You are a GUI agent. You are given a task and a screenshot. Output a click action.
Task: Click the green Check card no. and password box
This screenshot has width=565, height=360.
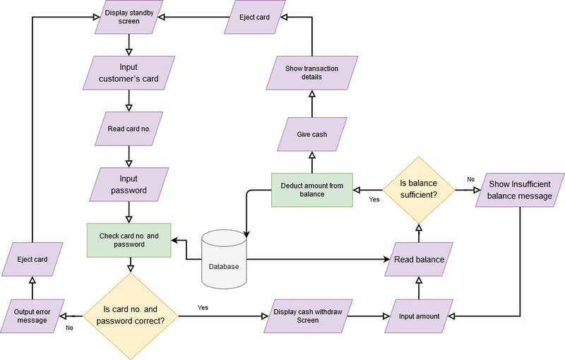click(x=128, y=240)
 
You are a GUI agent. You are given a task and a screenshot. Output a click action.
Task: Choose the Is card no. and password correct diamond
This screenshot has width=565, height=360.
click(x=130, y=314)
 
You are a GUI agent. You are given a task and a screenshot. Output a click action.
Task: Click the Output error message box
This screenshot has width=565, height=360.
click(x=32, y=316)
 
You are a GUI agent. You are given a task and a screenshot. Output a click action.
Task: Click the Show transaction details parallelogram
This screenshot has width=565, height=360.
click(x=311, y=72)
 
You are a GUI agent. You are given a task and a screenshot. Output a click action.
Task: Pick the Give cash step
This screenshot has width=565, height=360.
click(x=311, y=133)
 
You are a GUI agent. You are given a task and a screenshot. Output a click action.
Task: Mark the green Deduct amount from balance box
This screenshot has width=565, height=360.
click(x=311, y=189)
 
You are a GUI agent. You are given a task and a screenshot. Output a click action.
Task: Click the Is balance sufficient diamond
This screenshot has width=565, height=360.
click(x=419, y=189)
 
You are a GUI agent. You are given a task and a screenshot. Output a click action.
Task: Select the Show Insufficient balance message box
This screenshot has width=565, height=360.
click(x=519, y=190)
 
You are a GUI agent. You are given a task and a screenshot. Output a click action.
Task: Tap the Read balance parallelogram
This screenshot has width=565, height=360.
click(x=419, y=259)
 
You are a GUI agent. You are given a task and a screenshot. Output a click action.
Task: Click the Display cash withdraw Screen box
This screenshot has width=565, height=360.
click(x=311, y=316)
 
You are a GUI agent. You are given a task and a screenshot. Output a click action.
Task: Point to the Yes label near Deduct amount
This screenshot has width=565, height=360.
click(x=374, y=200)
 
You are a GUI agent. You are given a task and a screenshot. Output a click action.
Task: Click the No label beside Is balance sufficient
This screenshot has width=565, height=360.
click(x=470, y=179)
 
